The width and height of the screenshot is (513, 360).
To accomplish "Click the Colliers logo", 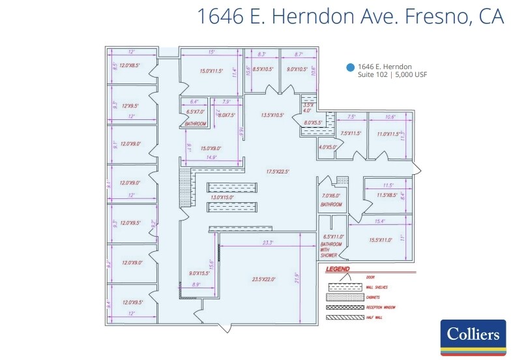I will [473, 337].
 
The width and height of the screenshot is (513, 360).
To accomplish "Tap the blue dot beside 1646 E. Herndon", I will [351, 67].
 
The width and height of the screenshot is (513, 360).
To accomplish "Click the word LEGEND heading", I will [338, 269].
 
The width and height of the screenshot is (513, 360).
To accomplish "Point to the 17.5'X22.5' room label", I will [277, 172].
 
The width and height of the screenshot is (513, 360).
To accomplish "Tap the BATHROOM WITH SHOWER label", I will [330, 248].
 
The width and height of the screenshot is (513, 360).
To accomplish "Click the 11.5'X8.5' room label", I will [387, 194].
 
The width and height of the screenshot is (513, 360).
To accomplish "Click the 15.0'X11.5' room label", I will [212, 70].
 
